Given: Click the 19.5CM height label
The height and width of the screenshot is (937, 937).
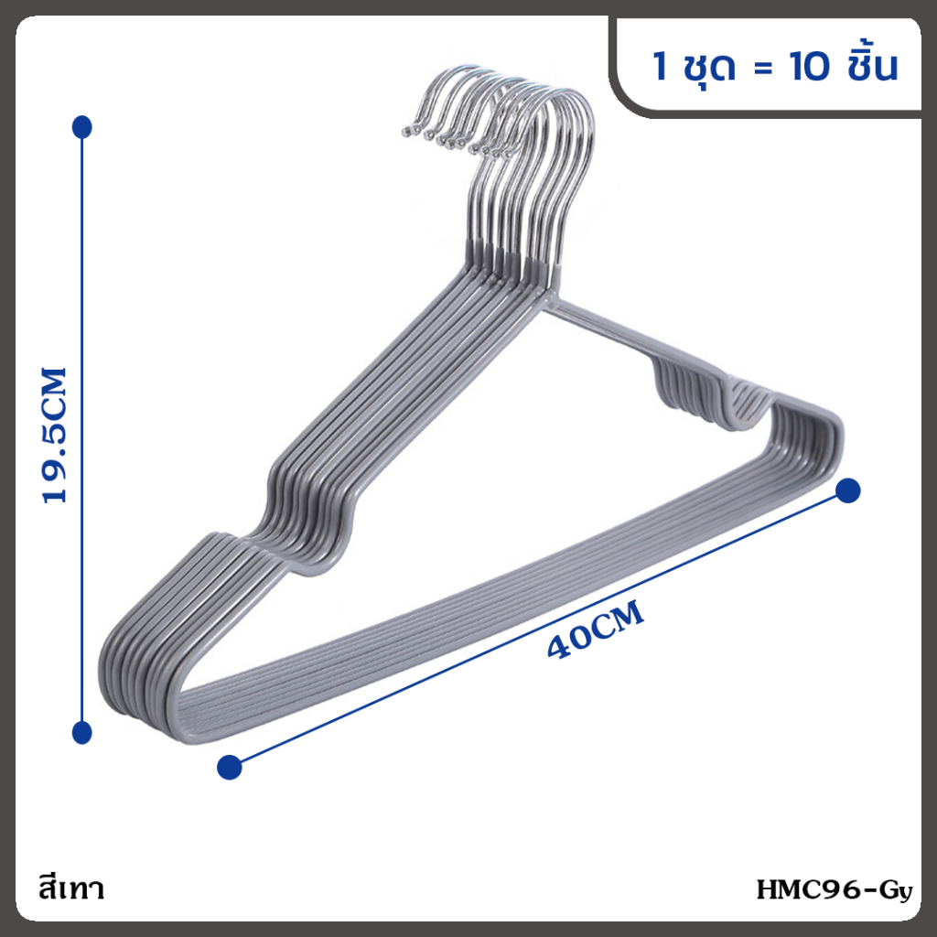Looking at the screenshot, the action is click(x=54, y=436).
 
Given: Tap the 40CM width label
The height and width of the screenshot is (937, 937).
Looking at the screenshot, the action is click(x=596, y=630).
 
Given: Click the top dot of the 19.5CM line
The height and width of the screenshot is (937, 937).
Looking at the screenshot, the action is click(x=81, y=127).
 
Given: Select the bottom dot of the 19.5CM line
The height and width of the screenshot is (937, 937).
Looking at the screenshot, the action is click(x=81, y=733).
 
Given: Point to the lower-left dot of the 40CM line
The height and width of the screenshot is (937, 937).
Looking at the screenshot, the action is click(x=230, y=768).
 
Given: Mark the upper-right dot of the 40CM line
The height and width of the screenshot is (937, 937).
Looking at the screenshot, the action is click(x=848, y=490).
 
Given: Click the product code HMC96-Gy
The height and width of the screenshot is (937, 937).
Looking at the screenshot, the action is click(x=835, y=889).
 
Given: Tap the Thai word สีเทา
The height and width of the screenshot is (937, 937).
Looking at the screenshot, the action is click(x=71, y=888).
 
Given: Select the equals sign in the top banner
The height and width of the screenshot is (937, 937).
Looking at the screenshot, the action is click(x=763, y=68).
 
